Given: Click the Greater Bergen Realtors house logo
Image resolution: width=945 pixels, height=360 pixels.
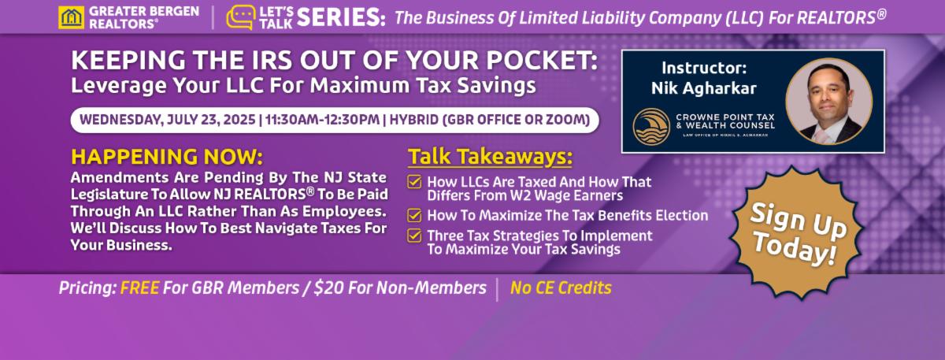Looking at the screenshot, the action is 72,17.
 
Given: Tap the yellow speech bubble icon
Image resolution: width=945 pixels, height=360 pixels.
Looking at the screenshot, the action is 240,17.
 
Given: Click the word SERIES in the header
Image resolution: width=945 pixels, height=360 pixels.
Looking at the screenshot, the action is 341,18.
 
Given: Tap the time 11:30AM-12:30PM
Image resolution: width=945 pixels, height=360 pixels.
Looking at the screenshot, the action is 322,120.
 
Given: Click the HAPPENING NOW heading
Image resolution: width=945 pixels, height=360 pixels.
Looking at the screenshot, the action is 167,157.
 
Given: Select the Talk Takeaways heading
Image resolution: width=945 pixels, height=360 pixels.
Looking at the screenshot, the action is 490,157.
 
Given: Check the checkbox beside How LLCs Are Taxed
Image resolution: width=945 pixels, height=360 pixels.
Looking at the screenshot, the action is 414,182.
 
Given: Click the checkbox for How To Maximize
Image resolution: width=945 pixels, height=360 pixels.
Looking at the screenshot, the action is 414,215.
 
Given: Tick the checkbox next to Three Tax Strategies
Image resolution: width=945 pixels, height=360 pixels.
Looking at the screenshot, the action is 414,236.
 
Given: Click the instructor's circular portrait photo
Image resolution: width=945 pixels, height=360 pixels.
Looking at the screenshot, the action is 828,102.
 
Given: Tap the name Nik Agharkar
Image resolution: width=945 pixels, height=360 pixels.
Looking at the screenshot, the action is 704,88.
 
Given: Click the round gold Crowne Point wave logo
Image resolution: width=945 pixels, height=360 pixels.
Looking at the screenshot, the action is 651,127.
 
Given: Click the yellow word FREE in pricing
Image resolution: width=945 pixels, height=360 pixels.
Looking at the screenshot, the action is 139,288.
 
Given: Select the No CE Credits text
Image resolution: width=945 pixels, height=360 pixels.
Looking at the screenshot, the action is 561,288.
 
